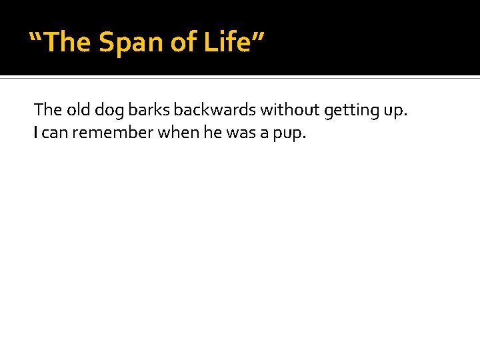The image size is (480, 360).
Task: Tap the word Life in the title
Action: tap(226, 42)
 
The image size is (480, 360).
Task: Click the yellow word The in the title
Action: tap(69, 42)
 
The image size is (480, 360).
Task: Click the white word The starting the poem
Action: tap(47, 109)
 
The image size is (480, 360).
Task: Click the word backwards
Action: tap(215, 109)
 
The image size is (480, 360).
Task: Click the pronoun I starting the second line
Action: tap(36, 133)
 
